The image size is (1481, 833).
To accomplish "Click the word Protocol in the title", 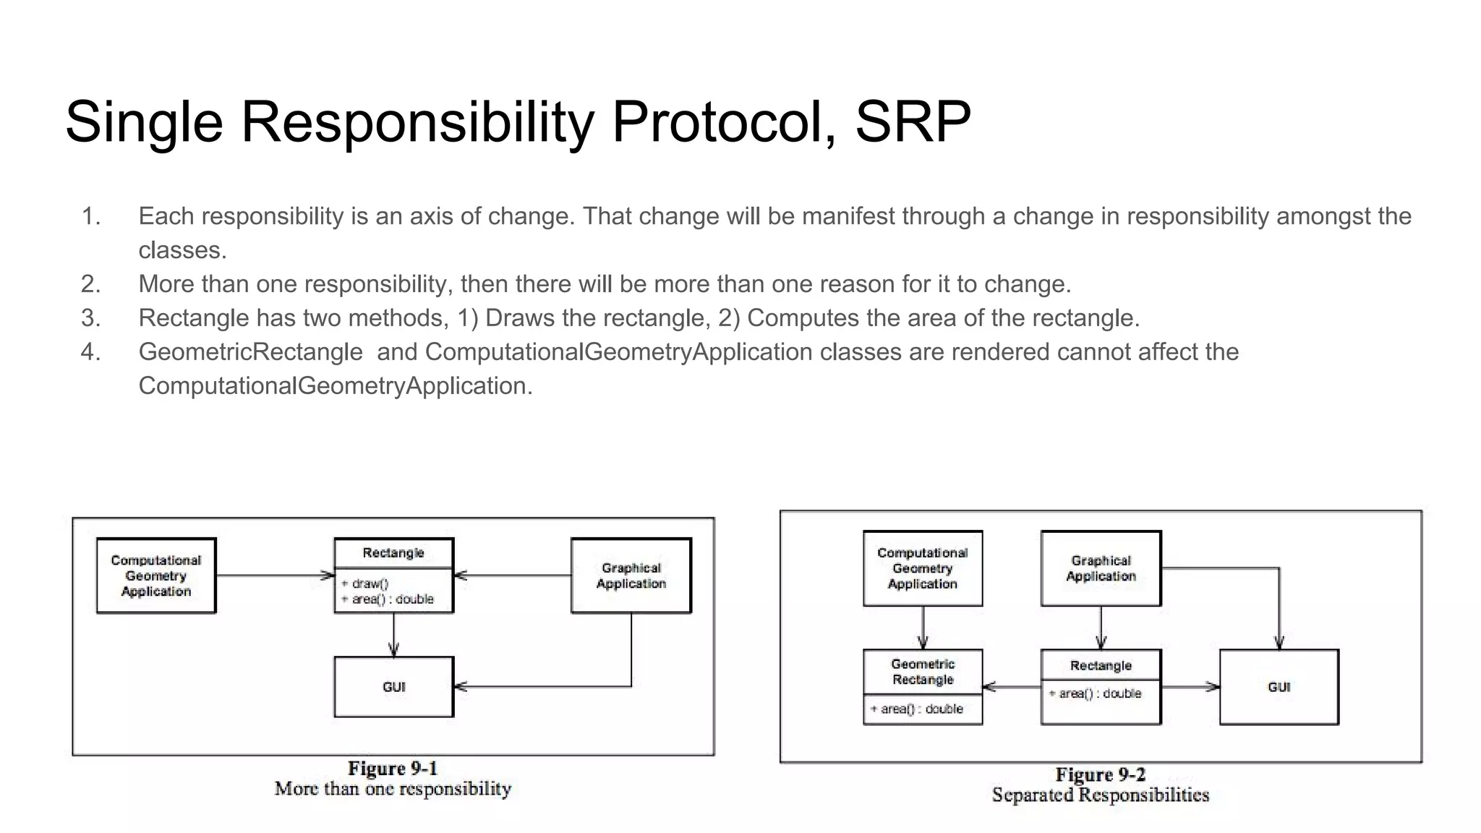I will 719,121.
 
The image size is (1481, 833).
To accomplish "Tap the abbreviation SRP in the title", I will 913,121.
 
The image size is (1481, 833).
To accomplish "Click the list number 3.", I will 90,318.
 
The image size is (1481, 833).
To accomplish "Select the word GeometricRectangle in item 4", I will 250,352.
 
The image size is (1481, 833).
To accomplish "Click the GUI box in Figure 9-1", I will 394,687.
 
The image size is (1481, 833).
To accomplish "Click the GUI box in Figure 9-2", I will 1279,687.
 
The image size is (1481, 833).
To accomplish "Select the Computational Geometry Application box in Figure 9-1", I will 156,576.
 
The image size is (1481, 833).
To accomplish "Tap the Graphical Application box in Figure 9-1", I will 631,576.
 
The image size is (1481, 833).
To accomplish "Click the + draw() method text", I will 365,584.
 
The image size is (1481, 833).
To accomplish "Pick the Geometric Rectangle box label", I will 923,672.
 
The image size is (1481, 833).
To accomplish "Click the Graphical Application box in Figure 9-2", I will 1101,568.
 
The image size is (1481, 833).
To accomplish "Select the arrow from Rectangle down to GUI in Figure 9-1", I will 394,635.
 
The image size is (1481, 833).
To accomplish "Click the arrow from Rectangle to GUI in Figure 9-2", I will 1190,687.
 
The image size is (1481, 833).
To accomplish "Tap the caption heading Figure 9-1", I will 393,768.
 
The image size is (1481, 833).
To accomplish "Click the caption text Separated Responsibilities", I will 1100,795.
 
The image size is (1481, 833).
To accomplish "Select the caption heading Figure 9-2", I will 1100,774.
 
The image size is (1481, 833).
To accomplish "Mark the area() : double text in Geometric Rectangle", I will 917,709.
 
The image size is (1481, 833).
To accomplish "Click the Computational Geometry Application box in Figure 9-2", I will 923,568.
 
